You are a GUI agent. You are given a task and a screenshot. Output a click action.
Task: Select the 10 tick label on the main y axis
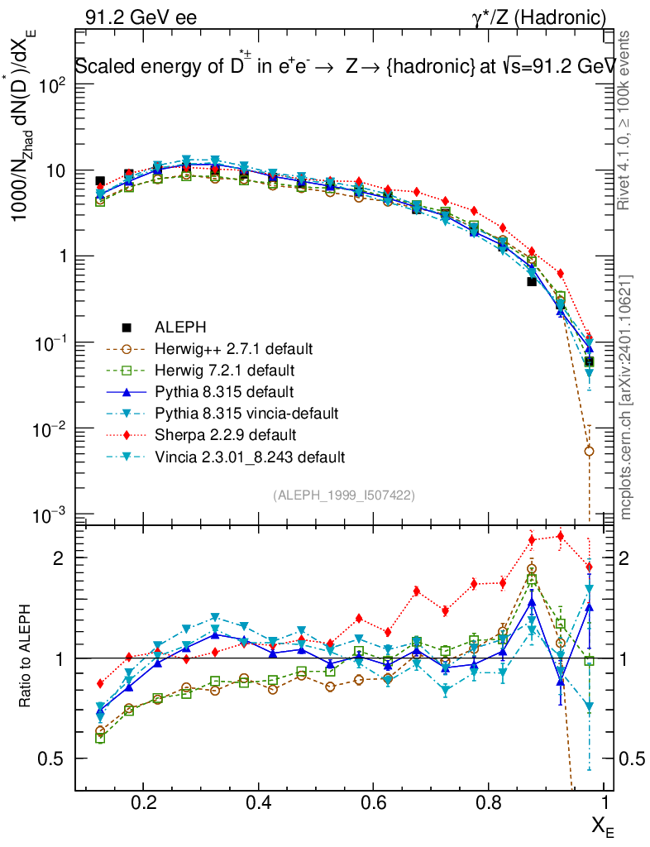click(x=57, y=170)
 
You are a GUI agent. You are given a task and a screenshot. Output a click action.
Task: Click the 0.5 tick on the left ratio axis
click(x=56, y=758)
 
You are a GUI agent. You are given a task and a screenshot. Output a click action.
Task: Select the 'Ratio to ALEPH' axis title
click(x=26, y=658)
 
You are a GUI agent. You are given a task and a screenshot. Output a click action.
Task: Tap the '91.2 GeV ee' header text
click(x=140, y=17)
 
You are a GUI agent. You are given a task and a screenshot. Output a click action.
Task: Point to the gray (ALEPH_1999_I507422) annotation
click(x=343, y=495)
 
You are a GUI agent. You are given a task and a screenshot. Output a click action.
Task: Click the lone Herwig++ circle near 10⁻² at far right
click(x=589, y=451)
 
